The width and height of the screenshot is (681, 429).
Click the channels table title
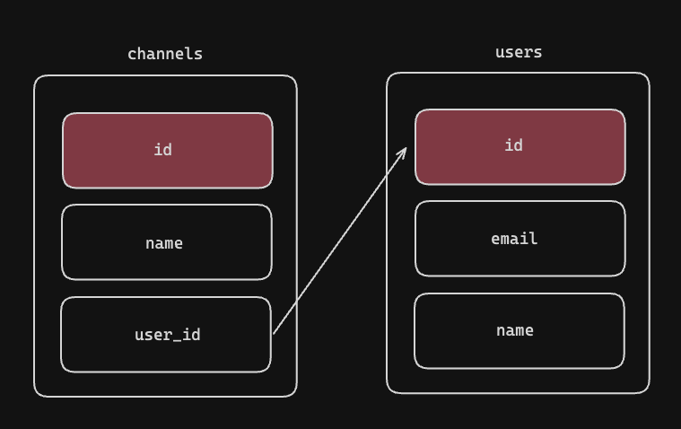[165, 54]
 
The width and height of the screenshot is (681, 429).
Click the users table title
[519, 52]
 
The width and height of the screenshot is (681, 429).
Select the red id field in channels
[168, 151]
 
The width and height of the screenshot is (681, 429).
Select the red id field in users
[520, 147]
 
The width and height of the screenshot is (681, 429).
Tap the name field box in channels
[167, 242]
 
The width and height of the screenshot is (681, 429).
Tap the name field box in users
[519, 331]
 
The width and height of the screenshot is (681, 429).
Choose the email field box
[520, 238]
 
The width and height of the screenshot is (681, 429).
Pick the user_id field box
[166, 335]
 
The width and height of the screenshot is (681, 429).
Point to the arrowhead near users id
[406, 148]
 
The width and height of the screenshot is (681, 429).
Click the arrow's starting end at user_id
[273, 334]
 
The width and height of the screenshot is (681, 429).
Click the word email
[514, 239]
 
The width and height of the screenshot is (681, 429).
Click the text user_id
[168, 335]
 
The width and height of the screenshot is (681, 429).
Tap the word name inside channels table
[164, 244]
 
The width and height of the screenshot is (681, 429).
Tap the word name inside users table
[515, 331]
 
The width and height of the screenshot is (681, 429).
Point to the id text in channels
[163, 150]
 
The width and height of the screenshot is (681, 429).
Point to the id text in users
[513, 145]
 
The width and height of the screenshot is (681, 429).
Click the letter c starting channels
[132, 55]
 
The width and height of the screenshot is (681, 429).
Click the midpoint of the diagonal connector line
[340, 241]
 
